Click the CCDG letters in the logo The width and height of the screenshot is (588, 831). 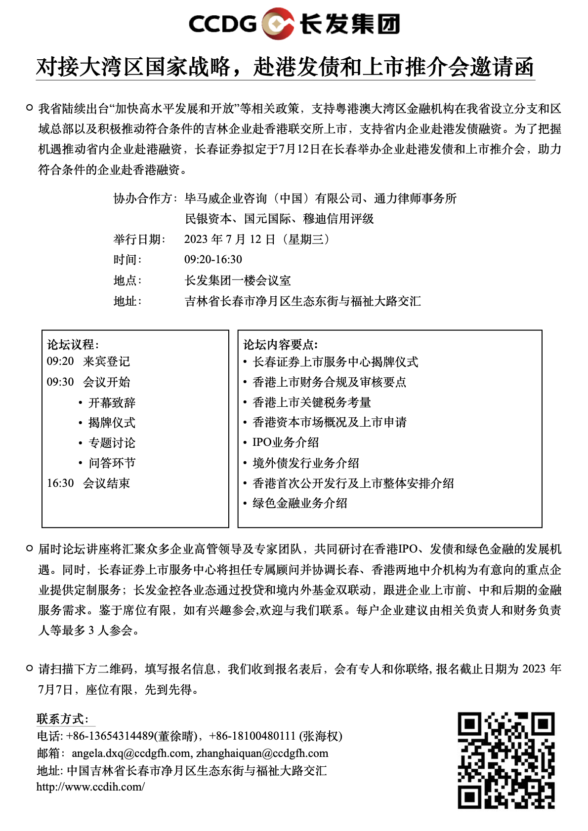point(222,24)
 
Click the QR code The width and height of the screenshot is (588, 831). point(506,760)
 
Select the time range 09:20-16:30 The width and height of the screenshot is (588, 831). point(213,260)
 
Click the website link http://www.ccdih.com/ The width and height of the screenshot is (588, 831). point(90,787)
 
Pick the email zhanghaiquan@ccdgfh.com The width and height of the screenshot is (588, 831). point(262,753)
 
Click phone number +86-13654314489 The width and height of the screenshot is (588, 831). point(110,736)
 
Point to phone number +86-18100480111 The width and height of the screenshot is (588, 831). point(252,736)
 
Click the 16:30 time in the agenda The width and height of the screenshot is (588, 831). point(60,483)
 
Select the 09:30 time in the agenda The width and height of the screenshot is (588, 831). point(60,382)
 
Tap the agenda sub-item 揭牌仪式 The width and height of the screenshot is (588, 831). point(112,423)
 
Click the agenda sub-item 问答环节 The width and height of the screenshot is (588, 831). point(112,463)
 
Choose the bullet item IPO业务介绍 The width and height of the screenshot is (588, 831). point(286,442)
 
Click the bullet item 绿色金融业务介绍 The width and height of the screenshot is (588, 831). point(300,503)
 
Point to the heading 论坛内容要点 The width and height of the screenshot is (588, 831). point(280,345)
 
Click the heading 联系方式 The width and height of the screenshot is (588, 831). point(62,719)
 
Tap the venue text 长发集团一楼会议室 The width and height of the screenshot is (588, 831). point(238,280)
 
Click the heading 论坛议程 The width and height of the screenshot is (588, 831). point(73,345)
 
